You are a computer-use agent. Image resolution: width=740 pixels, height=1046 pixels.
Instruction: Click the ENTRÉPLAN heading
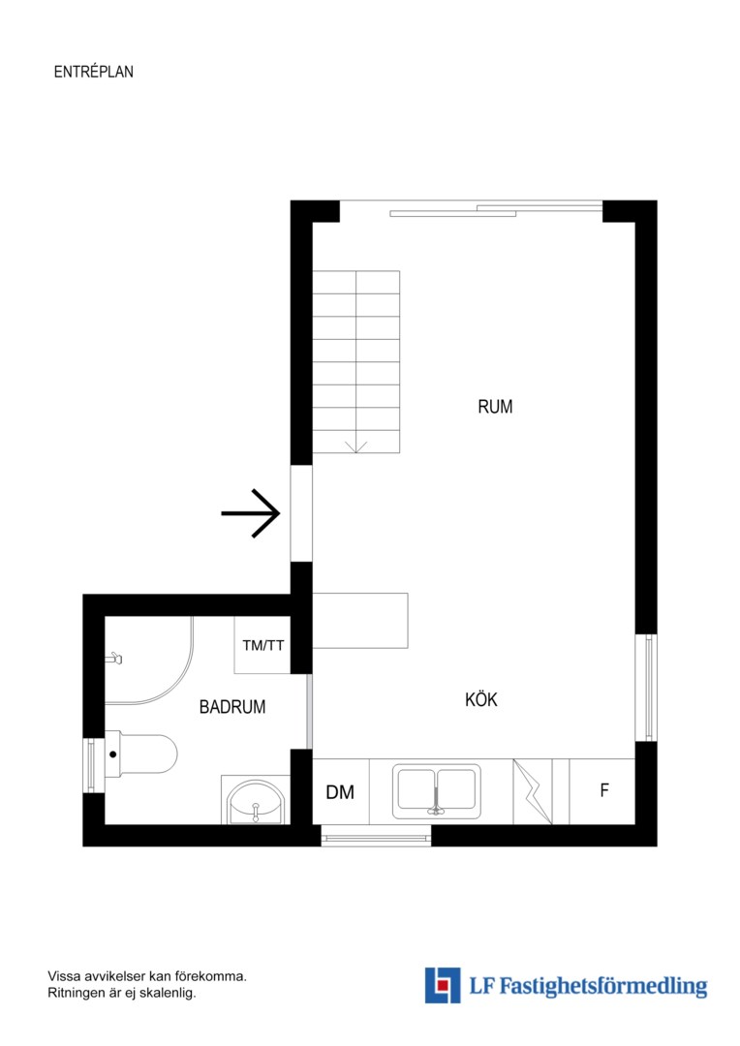click(x=93, y=72)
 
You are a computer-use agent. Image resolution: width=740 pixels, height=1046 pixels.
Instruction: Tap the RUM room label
click(x=495, y=406)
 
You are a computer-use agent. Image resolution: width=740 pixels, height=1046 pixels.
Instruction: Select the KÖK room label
click(x=481, y=698)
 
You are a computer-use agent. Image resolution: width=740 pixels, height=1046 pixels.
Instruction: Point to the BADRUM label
click(x=232, y=706)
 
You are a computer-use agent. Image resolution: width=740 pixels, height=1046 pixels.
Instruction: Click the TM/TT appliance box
click(x=262, y=645)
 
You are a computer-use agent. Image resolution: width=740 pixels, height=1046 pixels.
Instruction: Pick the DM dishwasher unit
click(x=340, y=792)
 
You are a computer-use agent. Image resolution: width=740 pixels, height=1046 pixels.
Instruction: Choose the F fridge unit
click(x=601, y=791)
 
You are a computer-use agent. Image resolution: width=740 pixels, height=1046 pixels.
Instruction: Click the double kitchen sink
click(x=437, y=791)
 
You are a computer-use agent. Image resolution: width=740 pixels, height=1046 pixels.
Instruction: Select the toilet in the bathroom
click(x=140, y=754)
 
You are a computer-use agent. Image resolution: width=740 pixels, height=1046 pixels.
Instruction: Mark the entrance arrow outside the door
click(x=250, y=513)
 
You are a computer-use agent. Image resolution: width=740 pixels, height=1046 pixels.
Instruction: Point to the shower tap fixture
click(x=114, y=660)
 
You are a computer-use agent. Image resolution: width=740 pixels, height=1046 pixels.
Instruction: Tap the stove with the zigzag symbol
click(x=533, y=791)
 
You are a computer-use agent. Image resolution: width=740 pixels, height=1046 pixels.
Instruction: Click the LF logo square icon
click(x=443, y=985)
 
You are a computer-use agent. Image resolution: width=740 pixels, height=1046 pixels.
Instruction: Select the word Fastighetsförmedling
click(x=603, y=986)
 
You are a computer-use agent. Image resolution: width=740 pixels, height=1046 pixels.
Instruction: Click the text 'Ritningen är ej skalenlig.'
click(x=122, y=994)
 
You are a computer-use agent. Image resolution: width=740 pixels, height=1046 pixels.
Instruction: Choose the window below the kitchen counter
click(x=376, y=836)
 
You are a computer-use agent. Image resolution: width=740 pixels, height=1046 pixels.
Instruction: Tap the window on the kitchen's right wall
click(x=646, y=687)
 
